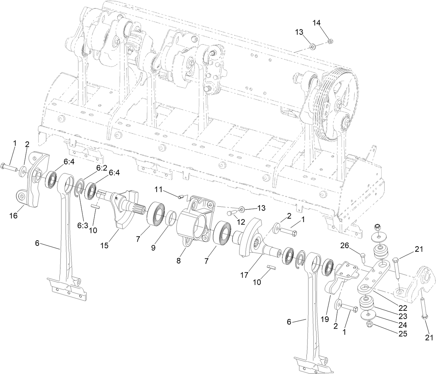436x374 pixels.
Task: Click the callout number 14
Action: click(x=316, y=23)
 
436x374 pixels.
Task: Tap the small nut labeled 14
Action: click(x=330, y=42)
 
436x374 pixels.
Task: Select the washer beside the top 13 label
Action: click(x=312, y=46)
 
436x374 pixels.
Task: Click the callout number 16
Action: click(x=13, y=216)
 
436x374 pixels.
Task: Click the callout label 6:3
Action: click(x=83, y=226)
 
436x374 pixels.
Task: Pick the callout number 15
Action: click(x=104, y=246)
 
